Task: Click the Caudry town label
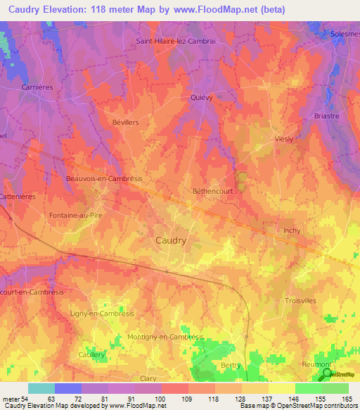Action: (170, 240)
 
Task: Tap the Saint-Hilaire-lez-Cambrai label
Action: (174, 41)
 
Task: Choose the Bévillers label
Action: (125, 122)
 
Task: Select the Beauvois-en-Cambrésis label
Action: (104, 179)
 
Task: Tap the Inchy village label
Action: (292, 230)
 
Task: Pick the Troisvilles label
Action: (301, 300)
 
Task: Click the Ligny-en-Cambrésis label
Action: (103, 313)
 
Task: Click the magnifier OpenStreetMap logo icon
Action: (326, 374)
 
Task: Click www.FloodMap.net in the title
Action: (214, 10)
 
